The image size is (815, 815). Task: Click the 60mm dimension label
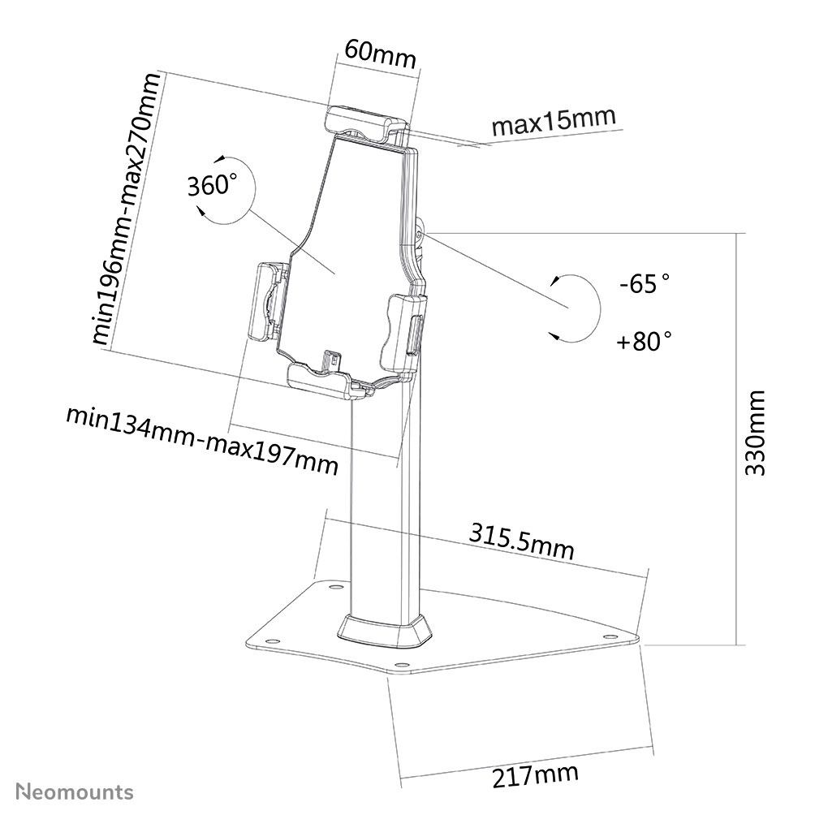pos(379,55)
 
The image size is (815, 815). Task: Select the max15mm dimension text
pos(554,123)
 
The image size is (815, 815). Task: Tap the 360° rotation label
pos(213,186)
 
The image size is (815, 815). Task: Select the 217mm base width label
pos(535,775)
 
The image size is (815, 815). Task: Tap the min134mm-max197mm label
pos(202,440)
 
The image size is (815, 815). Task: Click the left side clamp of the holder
pos(268,301)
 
